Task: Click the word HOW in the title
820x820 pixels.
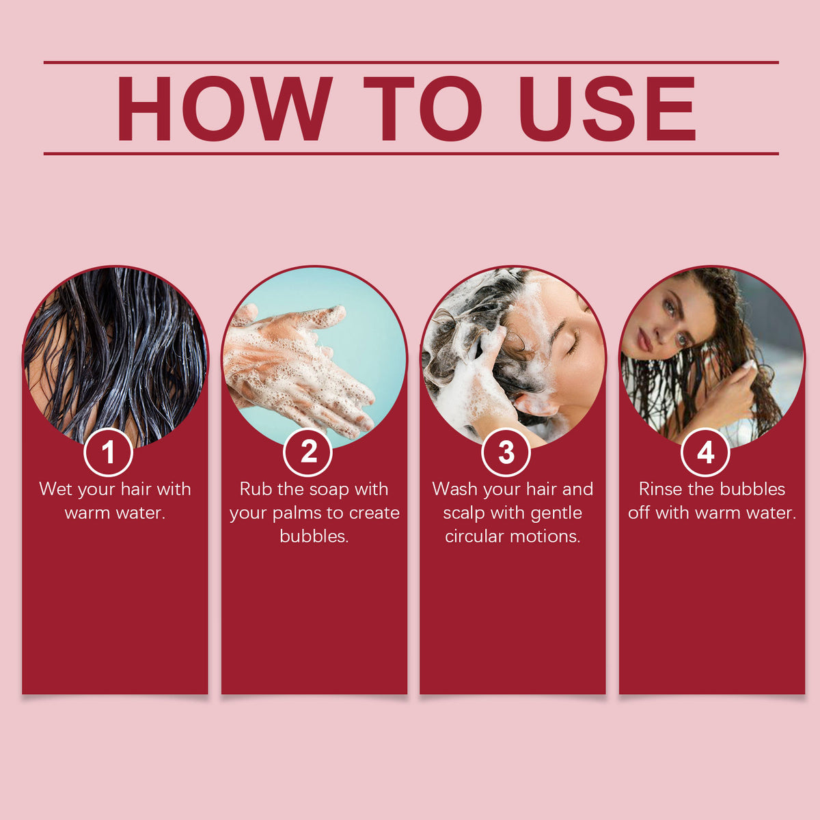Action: pos(224,109)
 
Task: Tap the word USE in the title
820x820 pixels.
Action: pos(607,109)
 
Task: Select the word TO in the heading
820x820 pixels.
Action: pos(422,109)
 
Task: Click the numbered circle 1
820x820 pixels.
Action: pos(109,452)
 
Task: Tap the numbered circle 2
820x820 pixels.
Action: pos(307,452)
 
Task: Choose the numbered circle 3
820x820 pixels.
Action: pos(506,452)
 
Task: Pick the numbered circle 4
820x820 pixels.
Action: pos(705,452)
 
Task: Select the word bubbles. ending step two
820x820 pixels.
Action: pos(314,536)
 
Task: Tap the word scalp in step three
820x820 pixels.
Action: pos(464,514)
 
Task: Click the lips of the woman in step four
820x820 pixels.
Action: pos(644,341)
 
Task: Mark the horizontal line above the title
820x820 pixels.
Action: pos(411,63)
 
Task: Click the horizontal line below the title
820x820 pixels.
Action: pos(411,154)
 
